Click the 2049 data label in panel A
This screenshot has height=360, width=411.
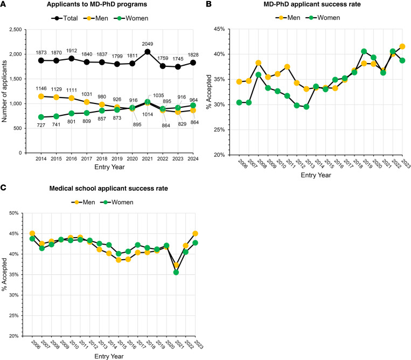pyautogui.click(x=147, y=44)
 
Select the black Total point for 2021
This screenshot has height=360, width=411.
pyautogui.click(x=147, y=52)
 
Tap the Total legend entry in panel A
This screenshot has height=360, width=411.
pyautogui.click(x=65, y=18)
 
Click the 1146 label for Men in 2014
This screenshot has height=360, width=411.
pyautogui.click(x=41, y=88)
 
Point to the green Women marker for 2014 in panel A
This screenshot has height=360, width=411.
pyautogui.click(x=41, y=117)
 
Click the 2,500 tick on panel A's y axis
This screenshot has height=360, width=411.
pyautogui.click(x=16, y=29)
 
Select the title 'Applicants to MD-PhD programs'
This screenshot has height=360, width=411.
pyautogui.click(x=97, y=4)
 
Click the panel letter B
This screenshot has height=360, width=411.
pyautogui.click(x=208, y=4)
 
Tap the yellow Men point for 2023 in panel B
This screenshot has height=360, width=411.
pyautogui.click(x=402, y=46)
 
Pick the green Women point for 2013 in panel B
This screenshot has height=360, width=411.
pyautogui.click(x=306, y=107)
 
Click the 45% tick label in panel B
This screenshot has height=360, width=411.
pyautogui.click(x=219, y=29)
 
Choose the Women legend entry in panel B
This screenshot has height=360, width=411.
pyautogui.click(x=323, y=18)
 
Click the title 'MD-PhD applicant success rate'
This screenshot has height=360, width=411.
pyautogui.click(x=312, y=4)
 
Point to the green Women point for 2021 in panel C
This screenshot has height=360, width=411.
pyautogui.click(x=176, y=273)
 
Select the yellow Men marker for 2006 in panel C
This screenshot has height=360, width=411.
pyautogui.click(x=32, y=233)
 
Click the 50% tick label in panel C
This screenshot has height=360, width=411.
pyautogui.click(x=14, y=213)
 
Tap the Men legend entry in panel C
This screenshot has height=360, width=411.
pyautogui.click(x=83, y=202)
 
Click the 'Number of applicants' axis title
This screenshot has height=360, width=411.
pyautogui.click(x=4, y=91)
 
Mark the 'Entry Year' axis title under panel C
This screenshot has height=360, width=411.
pyautogui.click(x=109, y=356)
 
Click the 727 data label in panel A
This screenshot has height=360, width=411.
pyautogui.click(x=41, y=125)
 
